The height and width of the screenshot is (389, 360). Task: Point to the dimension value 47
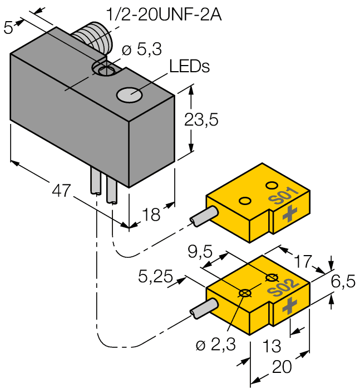click(62, 191)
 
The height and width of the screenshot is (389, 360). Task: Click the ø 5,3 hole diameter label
click(141, 50)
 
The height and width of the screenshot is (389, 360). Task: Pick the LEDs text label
click(189, 67)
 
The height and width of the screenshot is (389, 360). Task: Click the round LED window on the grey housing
click(129, 95)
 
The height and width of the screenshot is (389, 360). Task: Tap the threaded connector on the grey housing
click(94, 38)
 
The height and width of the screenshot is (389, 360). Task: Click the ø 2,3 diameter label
click(216, 345)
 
